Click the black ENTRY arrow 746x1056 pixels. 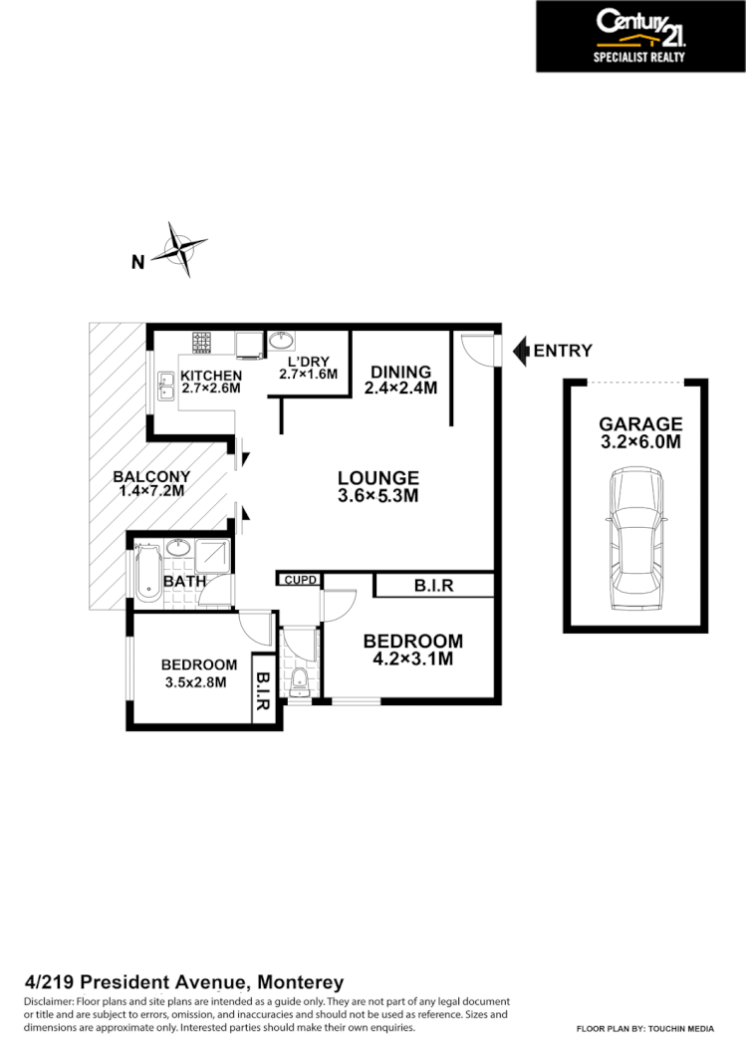point(519,351)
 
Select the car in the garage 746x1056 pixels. point(635,541)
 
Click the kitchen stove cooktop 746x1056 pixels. point(203,344)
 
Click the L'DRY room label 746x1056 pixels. point(308,361)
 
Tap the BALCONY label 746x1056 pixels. point(150,476)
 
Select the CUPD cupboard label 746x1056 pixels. point(299,579)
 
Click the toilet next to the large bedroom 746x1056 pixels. point(299,681)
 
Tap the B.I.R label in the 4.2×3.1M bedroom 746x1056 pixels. point(433,586)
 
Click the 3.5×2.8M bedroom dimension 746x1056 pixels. point(196,682)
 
